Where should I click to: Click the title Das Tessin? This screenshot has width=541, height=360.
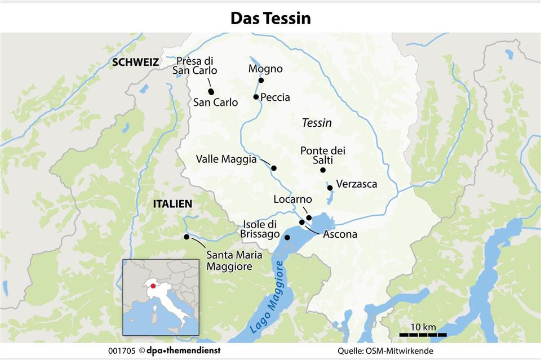pos(270,18)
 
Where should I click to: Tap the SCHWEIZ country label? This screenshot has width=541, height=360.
pos(135,63)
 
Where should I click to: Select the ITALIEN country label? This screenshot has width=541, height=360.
pos(172,204)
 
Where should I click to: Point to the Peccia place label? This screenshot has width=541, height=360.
pos(275,97)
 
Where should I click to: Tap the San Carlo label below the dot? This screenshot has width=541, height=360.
pos(215,103)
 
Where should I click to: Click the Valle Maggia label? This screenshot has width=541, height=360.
pos(226,159)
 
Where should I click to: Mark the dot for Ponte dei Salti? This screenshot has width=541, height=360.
pos(323,170)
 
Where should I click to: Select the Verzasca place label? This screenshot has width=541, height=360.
pos(356,184)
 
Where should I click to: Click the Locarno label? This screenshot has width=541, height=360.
pos(292,199)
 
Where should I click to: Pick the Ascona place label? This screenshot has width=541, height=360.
pos(340,234)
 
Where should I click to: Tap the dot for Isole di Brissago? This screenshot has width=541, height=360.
pos(287,238)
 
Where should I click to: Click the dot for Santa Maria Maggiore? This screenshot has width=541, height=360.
pos(187,237)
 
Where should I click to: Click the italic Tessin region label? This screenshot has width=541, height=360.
pos(317,123)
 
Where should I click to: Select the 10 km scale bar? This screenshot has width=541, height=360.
pos(423,335)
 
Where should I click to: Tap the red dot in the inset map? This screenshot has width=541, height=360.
pos(153,286)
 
